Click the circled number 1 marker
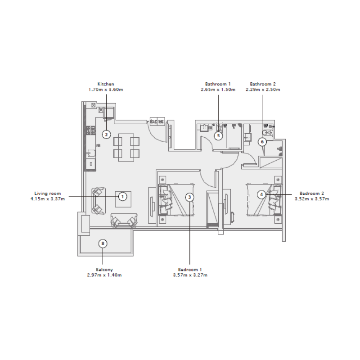122,196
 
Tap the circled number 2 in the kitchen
106,134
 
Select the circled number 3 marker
190,197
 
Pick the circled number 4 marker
261,194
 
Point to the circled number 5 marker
218,135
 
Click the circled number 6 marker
263,142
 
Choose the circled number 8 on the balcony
103,243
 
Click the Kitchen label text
106,84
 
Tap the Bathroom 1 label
218,84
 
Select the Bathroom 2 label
263,84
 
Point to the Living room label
47,193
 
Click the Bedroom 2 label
311,193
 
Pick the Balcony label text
104,270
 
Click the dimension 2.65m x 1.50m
218,90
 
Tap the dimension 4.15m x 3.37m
48,198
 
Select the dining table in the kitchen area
126,148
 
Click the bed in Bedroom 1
178,198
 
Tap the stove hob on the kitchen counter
91,131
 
